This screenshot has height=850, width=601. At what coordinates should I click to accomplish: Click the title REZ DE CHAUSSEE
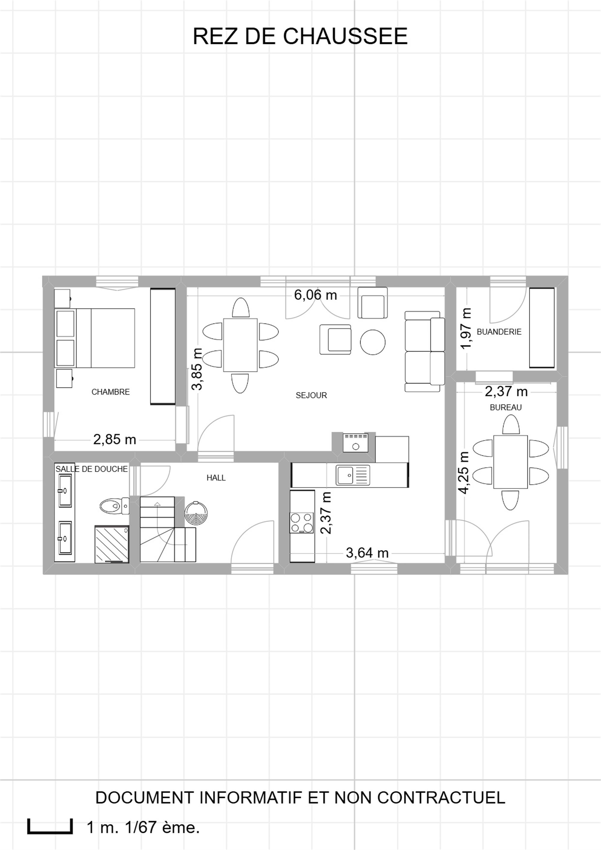pyautogui.click(x=300, y=36)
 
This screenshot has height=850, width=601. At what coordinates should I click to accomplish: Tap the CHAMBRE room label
pyautogui.click(x=111, y=392)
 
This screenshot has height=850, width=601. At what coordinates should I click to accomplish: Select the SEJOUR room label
pyautogui.click(x=311, y=395)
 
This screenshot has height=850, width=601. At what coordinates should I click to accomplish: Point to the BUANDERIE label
pyautogui.click(x=499, y=332)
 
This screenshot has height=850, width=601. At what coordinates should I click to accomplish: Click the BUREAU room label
pyautogui.click(x=505, y=407)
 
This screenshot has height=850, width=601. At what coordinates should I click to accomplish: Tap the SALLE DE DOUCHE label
pyautogui.click(x=92, y=469)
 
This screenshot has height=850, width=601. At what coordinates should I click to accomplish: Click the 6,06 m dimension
pyautogui.click(x=316, y=295)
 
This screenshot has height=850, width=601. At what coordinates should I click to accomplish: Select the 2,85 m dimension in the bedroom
pyautogui.click(x=115, y=440)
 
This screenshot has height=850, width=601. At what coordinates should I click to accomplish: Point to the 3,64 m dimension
pyautogui.click(x=367, y=553)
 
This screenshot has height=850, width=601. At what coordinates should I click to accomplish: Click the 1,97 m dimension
pyautogui.click(x=466, y=328)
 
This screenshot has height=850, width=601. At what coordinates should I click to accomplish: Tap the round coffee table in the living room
pyautogui.click(x=373, y=342)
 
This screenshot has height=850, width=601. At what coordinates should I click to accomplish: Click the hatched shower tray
pyautogui.click(x=112, y=544)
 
